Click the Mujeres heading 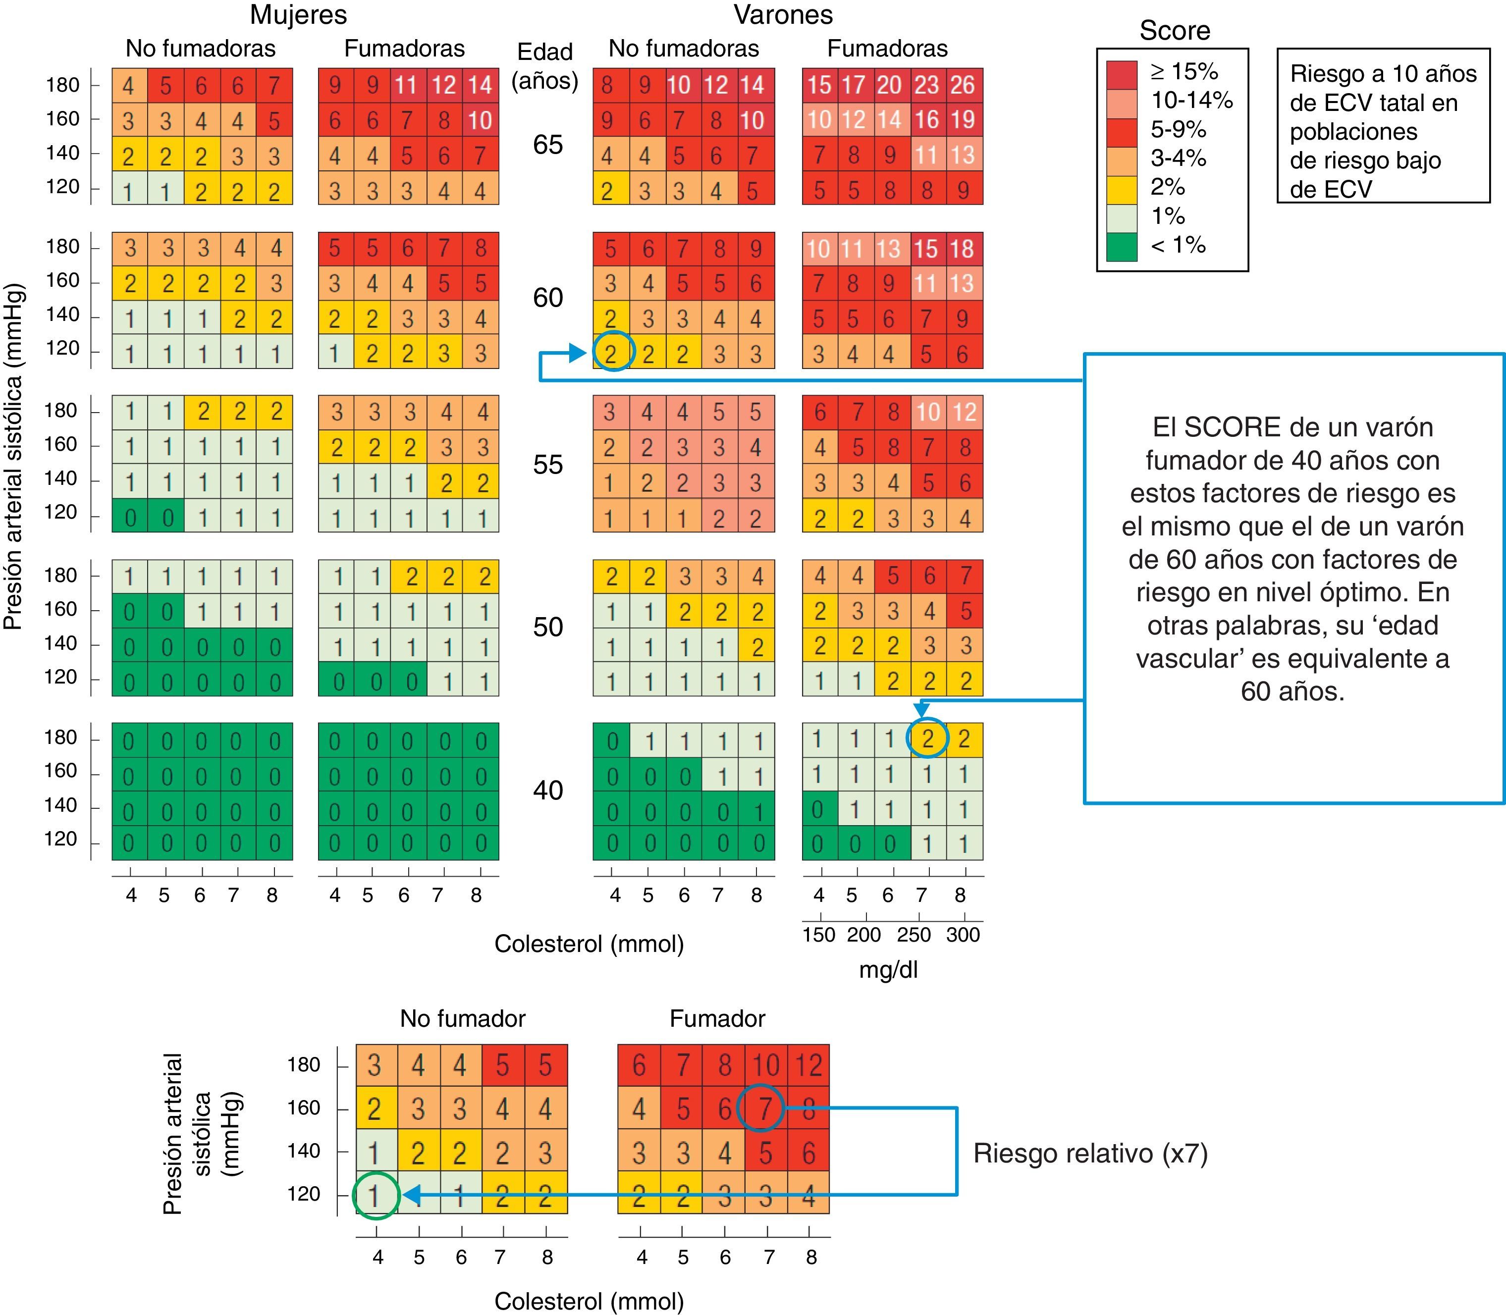pyautogui.click(x=298, y=15)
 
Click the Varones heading pyautogui.click(x=783, y=15)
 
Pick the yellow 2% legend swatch pyautogui.click(x=1122, y=188)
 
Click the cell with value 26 pyautogui.click(x=964, y=85)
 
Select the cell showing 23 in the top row pyautogui.click(x=927, y=85)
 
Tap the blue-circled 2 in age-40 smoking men pyautogui.click(x=928, y=738)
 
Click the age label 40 pyautogui.click(x=547, y=790)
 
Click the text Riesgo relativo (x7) pyautogui.click(x=1090, y=1154)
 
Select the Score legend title pyautogui.click(x=1174, y=31)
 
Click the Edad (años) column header pyautogui.click(x=545, y=66)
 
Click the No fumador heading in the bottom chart pyautogui.click(x=462, y=1018)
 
